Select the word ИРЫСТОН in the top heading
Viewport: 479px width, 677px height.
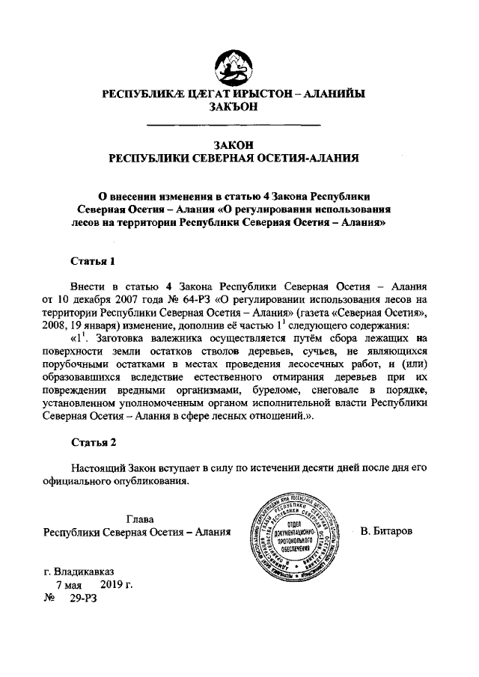tap(254, 94)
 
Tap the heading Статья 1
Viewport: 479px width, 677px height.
tap(94, 262)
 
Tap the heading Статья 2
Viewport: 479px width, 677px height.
tap(94, 442)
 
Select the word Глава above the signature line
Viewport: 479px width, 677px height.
tap(140, 518)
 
